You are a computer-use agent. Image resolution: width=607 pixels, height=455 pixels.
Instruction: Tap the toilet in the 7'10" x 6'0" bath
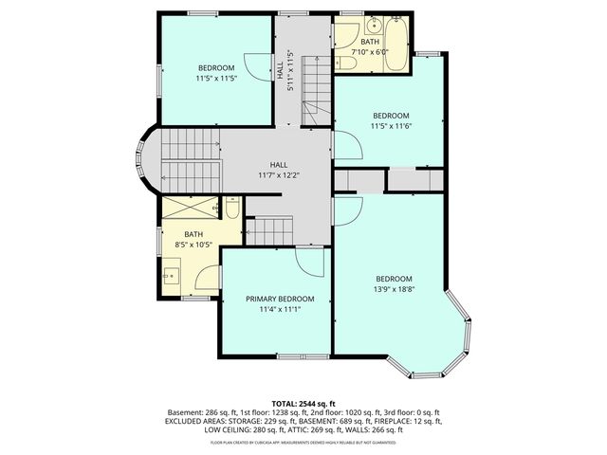click(x=347, y=64)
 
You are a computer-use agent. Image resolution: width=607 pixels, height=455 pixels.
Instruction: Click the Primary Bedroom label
click(x=279, y=299)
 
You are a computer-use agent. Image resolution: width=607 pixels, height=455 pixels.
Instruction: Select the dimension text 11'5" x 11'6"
click(x=390, y=125)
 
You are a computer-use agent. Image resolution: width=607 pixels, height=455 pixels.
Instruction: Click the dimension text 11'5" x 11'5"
click(x=217, y=79)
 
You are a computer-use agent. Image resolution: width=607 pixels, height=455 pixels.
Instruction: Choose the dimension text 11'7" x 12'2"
click(x=279, y=175)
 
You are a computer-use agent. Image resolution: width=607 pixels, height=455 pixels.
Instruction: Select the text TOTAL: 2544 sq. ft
click(x=303, y=404)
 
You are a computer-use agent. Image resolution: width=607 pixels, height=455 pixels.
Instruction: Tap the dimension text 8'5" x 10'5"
click(x=193, y=245)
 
